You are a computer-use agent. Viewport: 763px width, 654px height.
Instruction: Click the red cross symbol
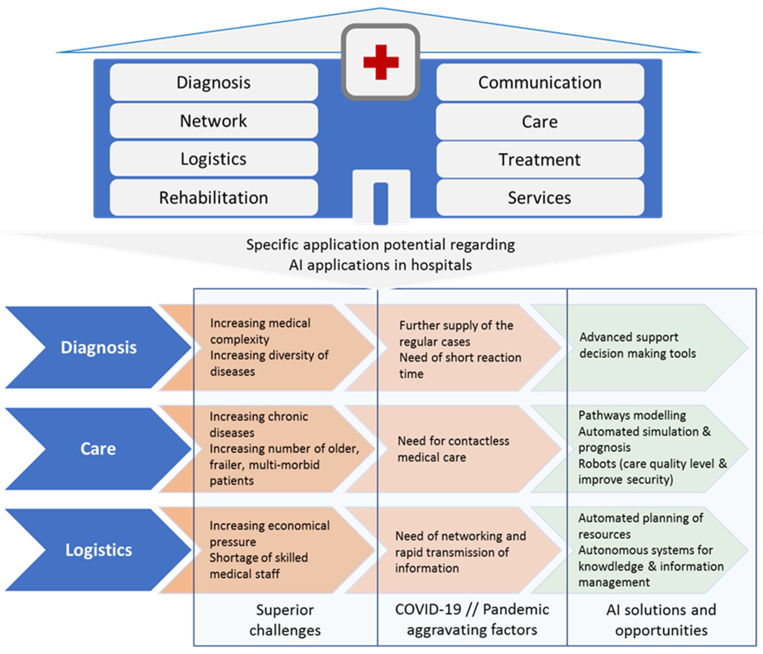[x=381, y=62]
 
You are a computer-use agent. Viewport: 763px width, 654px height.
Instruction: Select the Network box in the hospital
[x=214, y=121]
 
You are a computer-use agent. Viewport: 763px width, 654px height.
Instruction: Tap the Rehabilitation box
[x=214, y=198]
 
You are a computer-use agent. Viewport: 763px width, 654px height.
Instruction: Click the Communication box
[x=540, y=83]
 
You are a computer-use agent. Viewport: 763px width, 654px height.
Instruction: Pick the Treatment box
[x=540, y=160]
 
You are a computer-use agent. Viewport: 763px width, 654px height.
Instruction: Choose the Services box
[x=540, y=198]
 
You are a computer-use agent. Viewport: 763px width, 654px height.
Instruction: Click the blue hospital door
[x=381, y=203]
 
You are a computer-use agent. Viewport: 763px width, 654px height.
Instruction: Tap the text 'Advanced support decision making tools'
[x=637, y=345]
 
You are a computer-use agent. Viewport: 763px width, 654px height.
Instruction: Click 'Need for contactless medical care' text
[x=453, y=449]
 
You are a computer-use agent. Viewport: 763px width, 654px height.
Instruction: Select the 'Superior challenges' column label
[x=285, y=620]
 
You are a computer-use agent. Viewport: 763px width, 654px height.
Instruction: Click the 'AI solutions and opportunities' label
[x=661, y=620]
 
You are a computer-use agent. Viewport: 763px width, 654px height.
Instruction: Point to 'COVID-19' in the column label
[x=428, y=610]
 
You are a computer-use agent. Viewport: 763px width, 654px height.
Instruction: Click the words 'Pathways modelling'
[x=632, y=415]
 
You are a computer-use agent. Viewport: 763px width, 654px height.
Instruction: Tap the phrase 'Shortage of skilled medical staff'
[x=259, y=565]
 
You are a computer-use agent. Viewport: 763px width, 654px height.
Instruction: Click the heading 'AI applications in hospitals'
[x=380, y=265]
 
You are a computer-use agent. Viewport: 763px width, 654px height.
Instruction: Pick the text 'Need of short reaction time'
[x=460, y=365]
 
